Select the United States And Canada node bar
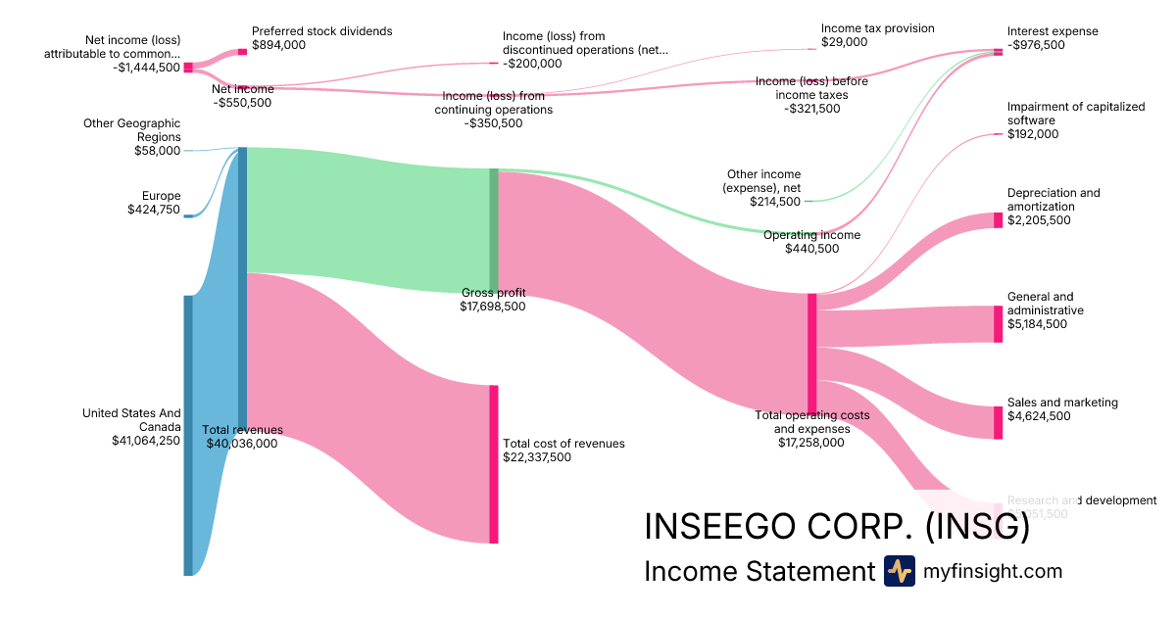(188, 435)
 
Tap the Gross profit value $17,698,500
(493, 307)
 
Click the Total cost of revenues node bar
(494, 464)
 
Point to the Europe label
(161, 196)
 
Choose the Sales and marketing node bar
(999, 422)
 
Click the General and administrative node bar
(999, 324)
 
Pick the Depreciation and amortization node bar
(999, 220)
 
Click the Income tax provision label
(877, 28)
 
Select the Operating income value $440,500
(811, 249)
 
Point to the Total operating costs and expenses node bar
(811, 354)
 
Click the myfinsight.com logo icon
(899, 571)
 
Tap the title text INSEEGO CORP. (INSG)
(836, 527)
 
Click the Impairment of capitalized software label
(1075, 114)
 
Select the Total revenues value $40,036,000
(242, 444)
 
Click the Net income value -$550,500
(242, 103)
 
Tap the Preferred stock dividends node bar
(243, 51)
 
